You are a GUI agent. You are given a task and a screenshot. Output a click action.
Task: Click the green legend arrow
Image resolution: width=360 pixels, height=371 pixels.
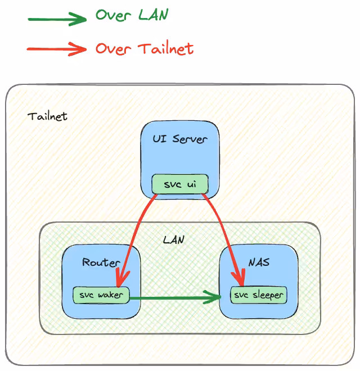[56, 20]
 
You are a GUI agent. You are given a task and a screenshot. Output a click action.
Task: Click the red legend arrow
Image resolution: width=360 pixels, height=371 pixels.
[56, 49]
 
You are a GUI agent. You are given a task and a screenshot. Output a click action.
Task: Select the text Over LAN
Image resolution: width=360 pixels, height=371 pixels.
[131, 15]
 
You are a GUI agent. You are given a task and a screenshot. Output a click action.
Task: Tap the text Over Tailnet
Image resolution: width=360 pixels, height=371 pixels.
[144, 48]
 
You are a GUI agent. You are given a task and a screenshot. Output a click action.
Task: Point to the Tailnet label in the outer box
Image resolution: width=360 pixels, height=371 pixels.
[47, 116]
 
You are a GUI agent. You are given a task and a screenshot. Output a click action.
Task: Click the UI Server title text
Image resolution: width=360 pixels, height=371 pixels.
[180, 138]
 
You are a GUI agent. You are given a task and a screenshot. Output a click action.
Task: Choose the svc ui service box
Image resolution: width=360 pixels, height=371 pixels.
[180, 184]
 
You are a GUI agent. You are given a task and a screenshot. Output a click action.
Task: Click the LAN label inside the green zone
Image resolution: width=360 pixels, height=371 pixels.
[173, 239]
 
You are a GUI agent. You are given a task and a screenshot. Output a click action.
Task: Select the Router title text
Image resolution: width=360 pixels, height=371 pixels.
[101, 263]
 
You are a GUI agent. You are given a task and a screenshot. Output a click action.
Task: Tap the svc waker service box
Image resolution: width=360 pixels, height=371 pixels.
[101, 295]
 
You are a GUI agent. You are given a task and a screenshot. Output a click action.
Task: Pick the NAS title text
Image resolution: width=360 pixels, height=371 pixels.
[258, 263]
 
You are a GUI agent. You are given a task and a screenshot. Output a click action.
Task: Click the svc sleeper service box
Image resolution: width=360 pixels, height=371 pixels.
[259, 295]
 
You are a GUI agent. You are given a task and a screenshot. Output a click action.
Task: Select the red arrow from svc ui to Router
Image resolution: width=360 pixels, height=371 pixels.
[135, 236]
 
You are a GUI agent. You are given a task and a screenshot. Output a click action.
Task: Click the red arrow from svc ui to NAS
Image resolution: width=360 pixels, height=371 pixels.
[224, 236]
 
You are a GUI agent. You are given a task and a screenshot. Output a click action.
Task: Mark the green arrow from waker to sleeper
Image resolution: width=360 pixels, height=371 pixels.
[174, 297]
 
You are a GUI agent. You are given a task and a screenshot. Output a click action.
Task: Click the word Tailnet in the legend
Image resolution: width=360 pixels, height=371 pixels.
[165, 48]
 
